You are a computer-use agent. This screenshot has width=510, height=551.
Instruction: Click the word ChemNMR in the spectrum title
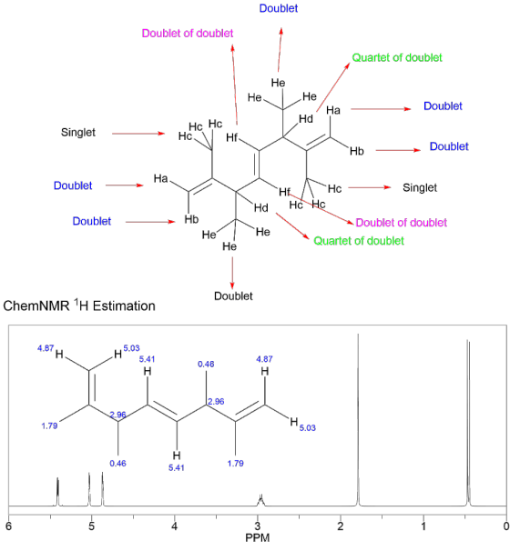pos(36,306)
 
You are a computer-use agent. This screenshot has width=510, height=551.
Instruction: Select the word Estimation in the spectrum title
pos(124,306)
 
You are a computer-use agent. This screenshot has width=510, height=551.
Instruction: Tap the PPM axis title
pos(258,537)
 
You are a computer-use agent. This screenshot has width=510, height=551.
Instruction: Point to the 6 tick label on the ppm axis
pos(9,526)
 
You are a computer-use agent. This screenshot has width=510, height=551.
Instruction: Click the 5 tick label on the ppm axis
pos(91,526)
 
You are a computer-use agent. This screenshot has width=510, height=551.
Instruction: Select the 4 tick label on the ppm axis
pos(175,526)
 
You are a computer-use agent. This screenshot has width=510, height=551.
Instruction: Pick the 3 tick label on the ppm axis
pos(258,526)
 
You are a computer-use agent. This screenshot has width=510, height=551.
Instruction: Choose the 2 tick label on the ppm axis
pos(341,526)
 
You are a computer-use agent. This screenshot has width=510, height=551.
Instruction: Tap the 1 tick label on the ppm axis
pos(423,526)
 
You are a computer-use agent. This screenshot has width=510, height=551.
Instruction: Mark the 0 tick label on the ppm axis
pos(506,526)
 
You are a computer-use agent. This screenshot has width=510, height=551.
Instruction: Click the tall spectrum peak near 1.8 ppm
pos(358,420)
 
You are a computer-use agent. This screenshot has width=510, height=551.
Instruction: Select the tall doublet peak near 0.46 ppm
pos(468,423)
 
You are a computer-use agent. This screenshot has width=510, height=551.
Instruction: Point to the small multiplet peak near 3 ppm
pos(260,501)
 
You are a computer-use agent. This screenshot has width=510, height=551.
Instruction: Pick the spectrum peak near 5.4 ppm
pos(57,492)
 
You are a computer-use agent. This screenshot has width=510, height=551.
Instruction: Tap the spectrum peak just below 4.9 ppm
pos(102,489)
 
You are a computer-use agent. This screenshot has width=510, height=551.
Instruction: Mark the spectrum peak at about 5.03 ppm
pos(89,489)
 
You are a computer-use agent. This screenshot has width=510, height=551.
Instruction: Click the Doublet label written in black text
pos(233,296)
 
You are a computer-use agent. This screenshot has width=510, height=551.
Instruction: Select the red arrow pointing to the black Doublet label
pos(232,273)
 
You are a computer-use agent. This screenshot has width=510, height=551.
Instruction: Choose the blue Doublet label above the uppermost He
pos(279,8)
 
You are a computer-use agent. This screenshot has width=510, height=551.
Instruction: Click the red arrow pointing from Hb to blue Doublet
pos(398,150)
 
